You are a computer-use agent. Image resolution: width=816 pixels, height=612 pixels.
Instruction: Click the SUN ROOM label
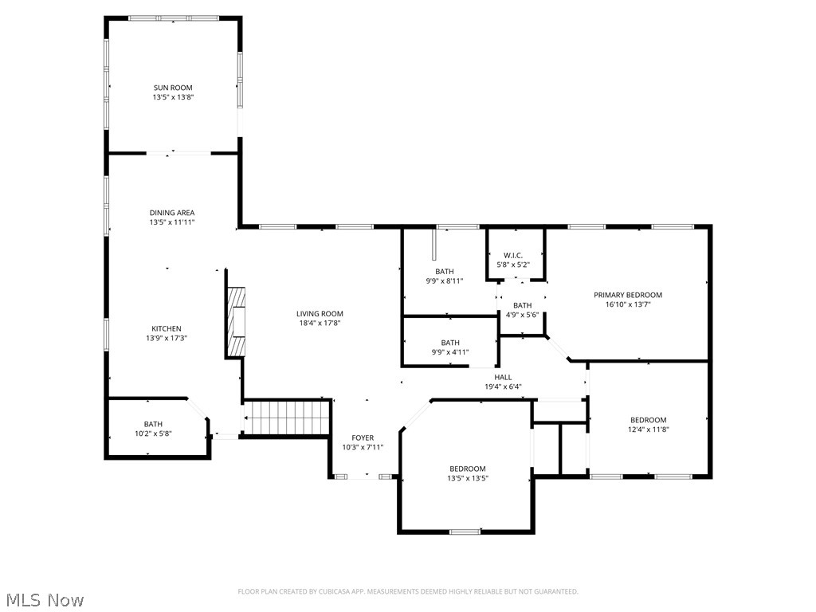click(x=173, y=88)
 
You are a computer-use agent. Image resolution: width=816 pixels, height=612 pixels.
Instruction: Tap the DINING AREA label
click(x=172, y=213)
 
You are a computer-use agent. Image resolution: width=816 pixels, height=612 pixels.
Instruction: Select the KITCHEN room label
click(x=167, y=328)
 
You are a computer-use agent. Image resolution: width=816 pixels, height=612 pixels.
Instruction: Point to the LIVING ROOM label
click(x=320, y=314)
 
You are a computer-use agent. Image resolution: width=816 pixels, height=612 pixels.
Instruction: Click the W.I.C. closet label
click(x=512, y=255)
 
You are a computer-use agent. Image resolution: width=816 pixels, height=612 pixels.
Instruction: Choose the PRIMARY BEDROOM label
click(x=628, y=295)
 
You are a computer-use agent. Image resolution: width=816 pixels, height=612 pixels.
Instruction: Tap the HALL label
click(x=503, y=378)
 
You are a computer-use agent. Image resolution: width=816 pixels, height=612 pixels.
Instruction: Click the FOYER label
click(x=363, y=438)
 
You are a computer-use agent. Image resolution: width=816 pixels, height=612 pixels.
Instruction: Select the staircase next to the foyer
click(x=287, y=418)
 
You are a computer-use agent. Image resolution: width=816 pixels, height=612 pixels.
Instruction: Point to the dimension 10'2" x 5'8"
click(x=153, y=433)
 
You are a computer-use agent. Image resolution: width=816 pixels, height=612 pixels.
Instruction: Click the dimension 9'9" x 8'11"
click(x=444, y=280)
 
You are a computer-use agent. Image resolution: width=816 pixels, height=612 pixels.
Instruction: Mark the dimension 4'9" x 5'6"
click(x=522, y=315)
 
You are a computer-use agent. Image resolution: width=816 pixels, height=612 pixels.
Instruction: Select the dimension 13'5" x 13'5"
click(x=467, y=478)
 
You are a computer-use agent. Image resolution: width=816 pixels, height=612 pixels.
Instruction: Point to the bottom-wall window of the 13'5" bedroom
click(x=465, y=532)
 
